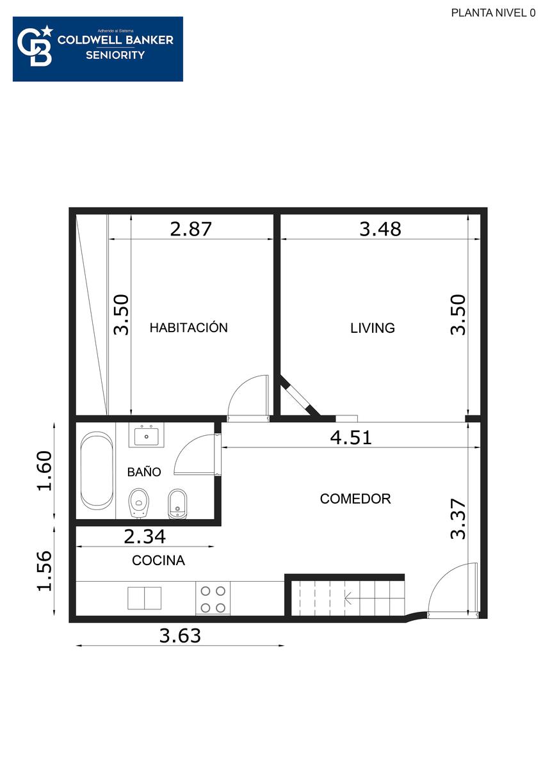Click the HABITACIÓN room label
tap(189, 328)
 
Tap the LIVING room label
tap(373, 328)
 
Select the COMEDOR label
tap(355, 499)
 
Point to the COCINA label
tap(158, 561)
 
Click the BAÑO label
tap(144, 472)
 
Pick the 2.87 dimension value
tap(191, 229)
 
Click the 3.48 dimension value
tap(380, 229)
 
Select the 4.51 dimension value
tap(351, 438)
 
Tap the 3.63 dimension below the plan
tap(180, 636)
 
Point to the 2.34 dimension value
tap(145, 536)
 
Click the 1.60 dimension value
tap(45, 471)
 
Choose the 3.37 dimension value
tap(458, 519)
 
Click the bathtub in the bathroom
tap(97, 470)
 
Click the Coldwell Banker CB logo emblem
tap(35, 46)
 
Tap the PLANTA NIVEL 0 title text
tap(493, 13)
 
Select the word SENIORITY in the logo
tap(115, 55)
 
